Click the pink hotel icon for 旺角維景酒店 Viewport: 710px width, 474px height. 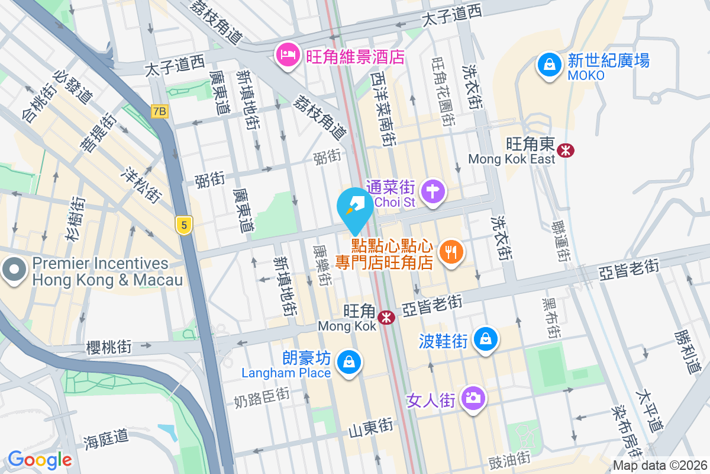click(287, 56)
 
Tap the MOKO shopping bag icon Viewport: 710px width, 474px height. click(550, 63)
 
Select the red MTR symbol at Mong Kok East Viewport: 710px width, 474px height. click(566, 150)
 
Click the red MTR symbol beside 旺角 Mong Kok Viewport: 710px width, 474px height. click(387, 318)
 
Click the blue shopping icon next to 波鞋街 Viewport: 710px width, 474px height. click(485, 338)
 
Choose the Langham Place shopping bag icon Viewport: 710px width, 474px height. click(348, 361)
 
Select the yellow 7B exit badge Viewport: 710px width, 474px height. click(159, 111)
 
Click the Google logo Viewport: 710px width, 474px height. click(40, 460)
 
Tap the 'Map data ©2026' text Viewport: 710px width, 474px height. click(659, 466)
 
